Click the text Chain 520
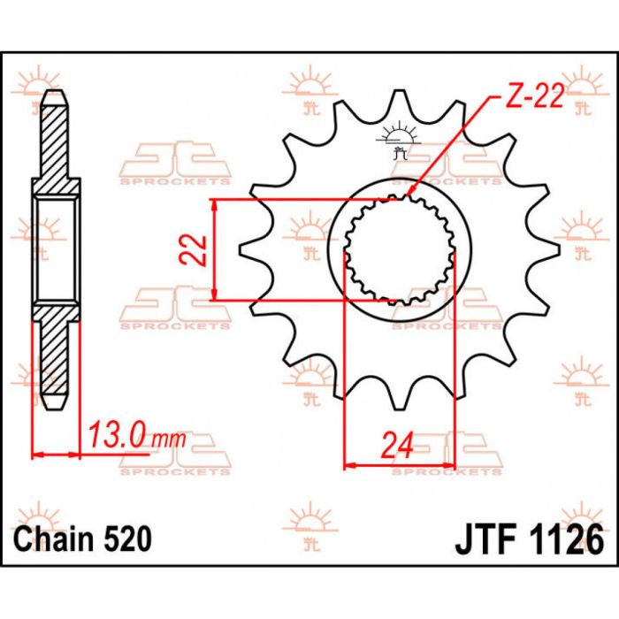82,539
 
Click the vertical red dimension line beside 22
216,249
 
